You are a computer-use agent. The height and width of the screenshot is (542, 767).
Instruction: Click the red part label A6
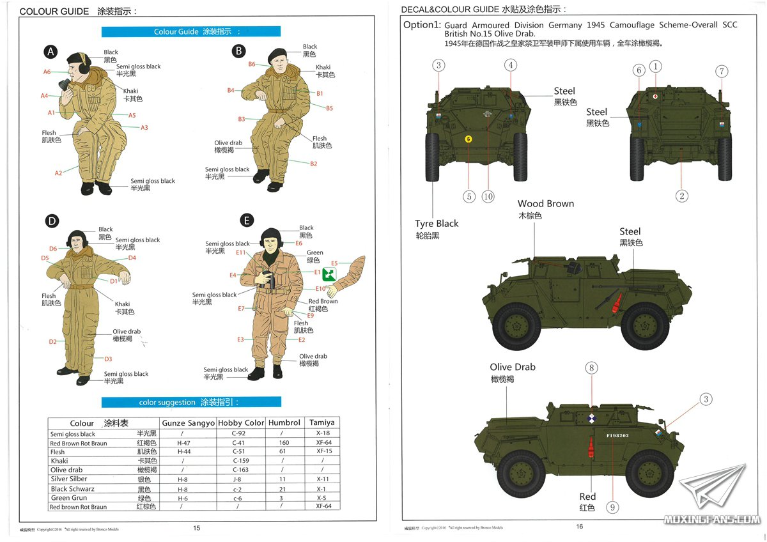pos(47,72)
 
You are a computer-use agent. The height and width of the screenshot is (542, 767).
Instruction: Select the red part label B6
pos(252,64)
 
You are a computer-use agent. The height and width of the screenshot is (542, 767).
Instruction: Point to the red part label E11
pos(241,253)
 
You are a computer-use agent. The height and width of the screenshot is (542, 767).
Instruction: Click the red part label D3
pos(108,359)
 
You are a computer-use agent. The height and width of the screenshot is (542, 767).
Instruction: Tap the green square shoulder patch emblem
pos(329,273)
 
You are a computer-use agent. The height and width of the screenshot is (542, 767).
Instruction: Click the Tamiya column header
pos(322,422)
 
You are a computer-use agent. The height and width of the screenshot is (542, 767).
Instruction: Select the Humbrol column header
pos(284,422)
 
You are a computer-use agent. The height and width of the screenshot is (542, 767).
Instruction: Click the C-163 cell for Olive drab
pos(240,470)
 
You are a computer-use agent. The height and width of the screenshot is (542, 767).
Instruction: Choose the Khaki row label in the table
pos(59,461)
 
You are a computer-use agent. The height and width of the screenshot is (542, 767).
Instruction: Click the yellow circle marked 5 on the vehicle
pos(469,139)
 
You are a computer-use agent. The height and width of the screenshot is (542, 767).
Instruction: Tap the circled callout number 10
pos(488,196)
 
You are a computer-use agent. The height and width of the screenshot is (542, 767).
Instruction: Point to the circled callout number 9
pos(612,507)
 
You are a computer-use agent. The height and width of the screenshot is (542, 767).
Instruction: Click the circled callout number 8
pos(592,368)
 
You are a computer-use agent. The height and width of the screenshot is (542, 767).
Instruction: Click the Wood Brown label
pos(546,204)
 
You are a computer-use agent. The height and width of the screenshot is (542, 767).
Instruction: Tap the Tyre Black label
pos(437,224)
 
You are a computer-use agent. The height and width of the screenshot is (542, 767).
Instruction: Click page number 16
pos(580,527)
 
